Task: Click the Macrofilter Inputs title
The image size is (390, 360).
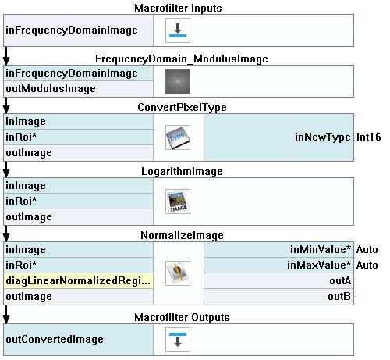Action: (178, 8)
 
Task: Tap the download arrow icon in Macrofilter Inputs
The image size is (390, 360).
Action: (178, 30)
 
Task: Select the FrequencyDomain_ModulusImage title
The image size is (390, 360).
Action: (182, 59)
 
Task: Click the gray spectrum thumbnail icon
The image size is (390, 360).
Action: (178, 81)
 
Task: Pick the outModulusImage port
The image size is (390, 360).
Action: (51, 89)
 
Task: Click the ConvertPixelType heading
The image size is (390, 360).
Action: (182, 107)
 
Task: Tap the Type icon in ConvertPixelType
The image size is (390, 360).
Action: (178, 137)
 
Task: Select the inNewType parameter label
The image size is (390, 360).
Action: (323, 137)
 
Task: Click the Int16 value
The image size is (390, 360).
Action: (369, 137)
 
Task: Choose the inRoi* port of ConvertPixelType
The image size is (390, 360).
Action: (21, 137)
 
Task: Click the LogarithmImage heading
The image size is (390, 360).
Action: (182, 171)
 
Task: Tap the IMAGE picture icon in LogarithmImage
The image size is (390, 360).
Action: (178, 201)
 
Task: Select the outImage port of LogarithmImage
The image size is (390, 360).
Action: (29, 217)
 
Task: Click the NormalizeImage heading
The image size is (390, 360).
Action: (182, 235)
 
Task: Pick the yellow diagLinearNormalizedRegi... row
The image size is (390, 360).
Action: (78, 280)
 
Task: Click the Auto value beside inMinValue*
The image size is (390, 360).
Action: (367, 249)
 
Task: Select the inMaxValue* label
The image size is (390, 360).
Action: (319, 265)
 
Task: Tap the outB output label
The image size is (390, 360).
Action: (339, 296)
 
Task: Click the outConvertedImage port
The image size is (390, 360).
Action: (55, 339)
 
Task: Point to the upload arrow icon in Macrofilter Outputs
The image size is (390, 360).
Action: (178, 340)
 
